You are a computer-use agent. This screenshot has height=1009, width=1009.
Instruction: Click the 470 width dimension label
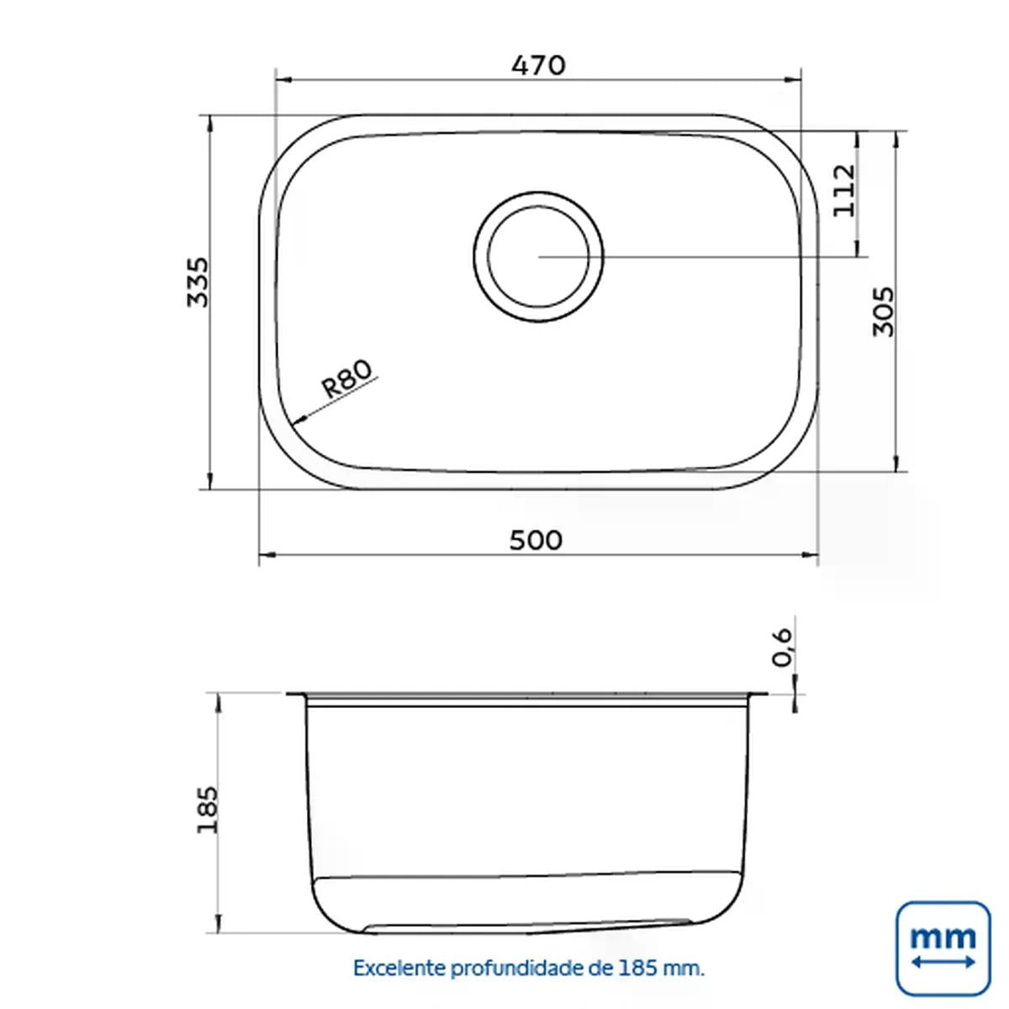(x=539, y=66)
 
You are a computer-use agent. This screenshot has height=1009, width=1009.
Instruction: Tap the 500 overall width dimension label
(x=536, y=541)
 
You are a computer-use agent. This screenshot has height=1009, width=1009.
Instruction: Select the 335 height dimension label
(x=198, y=282)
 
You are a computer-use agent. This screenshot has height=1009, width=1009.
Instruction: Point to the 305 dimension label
(x=884, y=311)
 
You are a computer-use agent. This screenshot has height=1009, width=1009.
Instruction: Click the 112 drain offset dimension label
(x=844, y=191)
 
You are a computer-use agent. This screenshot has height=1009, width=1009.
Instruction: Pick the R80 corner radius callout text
(x=347, y=378)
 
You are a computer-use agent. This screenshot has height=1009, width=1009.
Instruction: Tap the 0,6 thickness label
(x=783, y=647)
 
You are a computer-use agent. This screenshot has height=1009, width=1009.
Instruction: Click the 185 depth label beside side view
(x=207, y=810)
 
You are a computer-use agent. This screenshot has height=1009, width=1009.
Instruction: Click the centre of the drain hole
(x=538, y=256)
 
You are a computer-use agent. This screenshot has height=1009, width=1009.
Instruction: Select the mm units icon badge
(x=943, y=948)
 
